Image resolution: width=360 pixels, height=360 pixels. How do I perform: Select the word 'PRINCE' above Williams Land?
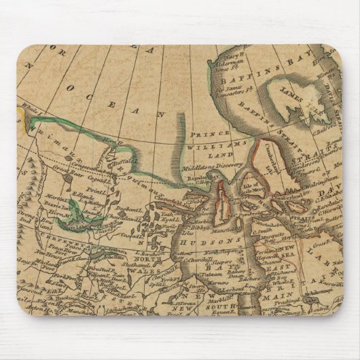tap(210, 134)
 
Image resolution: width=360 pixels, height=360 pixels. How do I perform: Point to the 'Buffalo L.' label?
tap(128, 162)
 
